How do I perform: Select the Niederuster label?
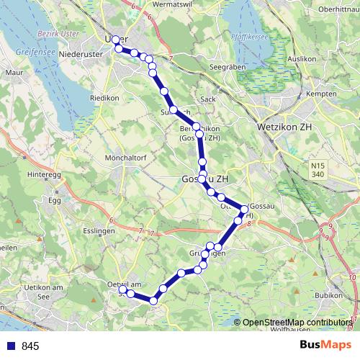[83, 54]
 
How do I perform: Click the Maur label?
[14, 73]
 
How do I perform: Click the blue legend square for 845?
[9, 346]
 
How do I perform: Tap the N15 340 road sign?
[319, 170]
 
